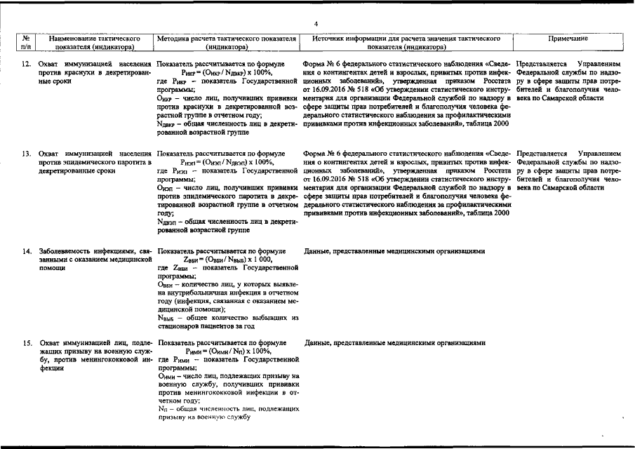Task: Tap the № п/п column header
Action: [25, 43]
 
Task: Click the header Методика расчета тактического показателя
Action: [225, 43]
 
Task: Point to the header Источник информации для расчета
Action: [406, 43]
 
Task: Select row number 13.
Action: [25, 153]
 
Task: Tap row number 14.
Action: [25, 250]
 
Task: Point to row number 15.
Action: [25, 343]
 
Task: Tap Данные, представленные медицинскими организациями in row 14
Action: [395, 250]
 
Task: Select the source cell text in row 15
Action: [395, 343]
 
